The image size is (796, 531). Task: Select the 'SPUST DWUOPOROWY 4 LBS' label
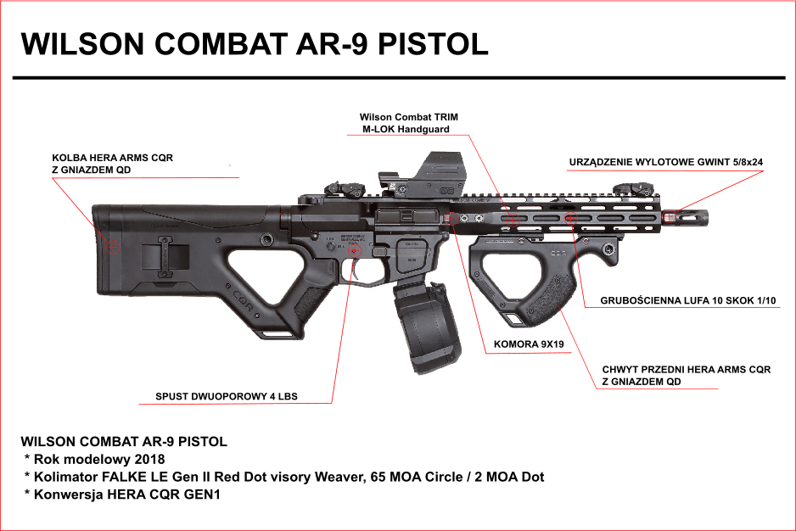point(227,396)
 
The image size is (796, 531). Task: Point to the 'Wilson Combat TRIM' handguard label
point(408,117)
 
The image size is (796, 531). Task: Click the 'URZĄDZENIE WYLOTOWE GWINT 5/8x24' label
point(664,162)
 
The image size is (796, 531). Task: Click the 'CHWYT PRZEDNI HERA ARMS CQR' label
point(686,370)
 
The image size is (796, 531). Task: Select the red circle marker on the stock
point(115,247)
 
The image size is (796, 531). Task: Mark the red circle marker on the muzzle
point(670,215)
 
